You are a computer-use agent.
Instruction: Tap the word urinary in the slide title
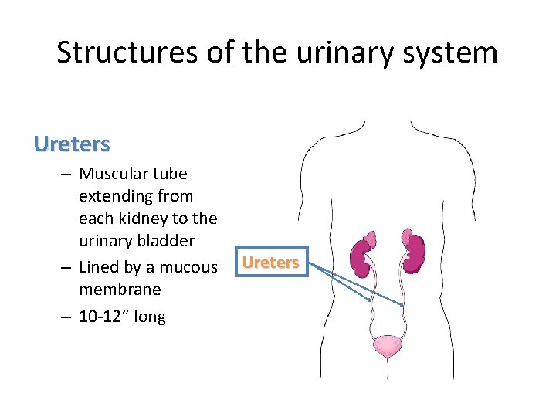click(x=348, y=53)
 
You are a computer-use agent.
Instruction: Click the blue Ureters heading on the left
click(x=72, y=144)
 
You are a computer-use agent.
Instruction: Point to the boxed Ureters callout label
click(x=270, y=263)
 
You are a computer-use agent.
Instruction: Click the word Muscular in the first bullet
click(x=115, y=174)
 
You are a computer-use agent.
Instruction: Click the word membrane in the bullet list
click(x=120, y=290)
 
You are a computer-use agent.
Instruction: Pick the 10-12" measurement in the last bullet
click(x=105, y=317)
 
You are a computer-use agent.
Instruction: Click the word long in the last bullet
click(x=149, y=317)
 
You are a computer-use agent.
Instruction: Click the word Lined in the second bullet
click(x=99, y=267)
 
